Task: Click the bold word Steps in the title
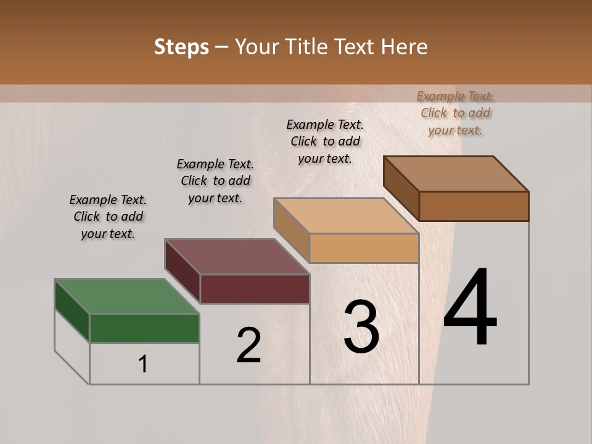pos(181,47)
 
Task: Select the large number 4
pos(470,308)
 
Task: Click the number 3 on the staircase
pos(361,327)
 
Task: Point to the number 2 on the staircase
pos(249,345)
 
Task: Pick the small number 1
pos(143,364)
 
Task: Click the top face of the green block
pos(127,297)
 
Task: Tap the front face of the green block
pos(144,328)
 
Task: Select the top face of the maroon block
pos(237,257)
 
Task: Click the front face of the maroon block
pos(255,289)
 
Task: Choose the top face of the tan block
pos(346,216)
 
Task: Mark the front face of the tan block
pos(364,248)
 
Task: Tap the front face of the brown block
pos(474,206)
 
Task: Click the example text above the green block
pos(108,216)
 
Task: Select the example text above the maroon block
pos(215,181)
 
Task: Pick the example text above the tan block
pos(325,141)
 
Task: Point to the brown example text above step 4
pos(455,113)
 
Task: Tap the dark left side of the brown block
pos(401,187)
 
